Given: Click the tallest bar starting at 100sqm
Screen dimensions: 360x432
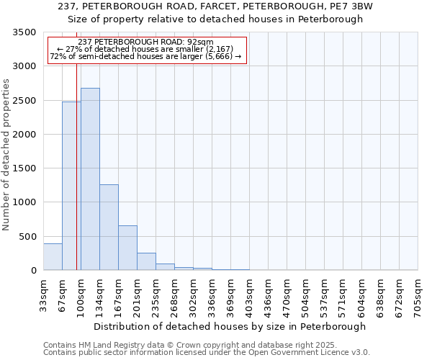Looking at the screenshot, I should pos(90,179).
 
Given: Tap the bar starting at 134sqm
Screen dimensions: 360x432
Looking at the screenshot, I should pos(109,228).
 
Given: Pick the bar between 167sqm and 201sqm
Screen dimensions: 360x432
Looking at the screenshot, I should pos(127,248).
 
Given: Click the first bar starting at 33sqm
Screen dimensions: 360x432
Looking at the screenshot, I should pos(53,257).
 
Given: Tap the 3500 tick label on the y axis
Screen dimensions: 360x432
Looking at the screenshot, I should pos(24,32).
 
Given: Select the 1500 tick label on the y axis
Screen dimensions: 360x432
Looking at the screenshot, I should pos(24,168).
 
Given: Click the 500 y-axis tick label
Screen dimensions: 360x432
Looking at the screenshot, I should pos(27,236).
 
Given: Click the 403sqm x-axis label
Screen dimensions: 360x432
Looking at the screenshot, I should pos(250,294).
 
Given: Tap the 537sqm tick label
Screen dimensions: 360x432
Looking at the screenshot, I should pos(325,294).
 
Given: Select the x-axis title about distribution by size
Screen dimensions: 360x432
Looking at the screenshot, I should pos(230,326).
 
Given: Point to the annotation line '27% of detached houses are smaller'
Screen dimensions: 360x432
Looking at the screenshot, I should pos(147,49).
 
